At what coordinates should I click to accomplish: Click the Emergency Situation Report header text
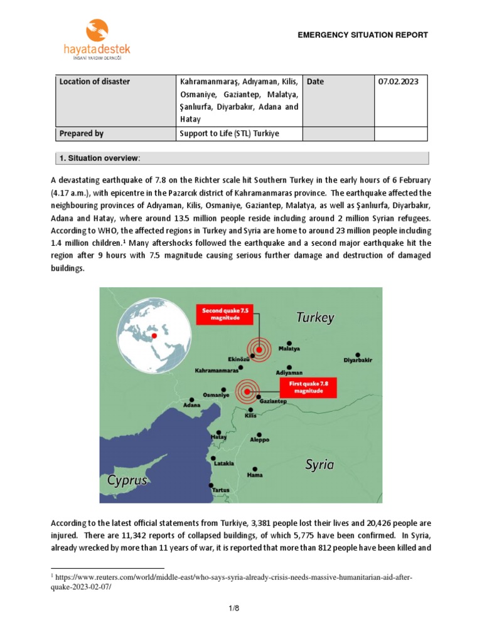(x=363, y=35)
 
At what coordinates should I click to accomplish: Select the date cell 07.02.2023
(x=399, y=82)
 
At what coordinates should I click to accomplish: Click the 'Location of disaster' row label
(x=95, y=82)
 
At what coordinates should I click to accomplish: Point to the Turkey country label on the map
(x=315, y=318)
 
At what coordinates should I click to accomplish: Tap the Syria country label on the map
(x=319, y=465)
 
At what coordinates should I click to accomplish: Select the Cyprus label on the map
(x=127, y=481)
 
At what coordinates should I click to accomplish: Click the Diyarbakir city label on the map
(x=358, y=360)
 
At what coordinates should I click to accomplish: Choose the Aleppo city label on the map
(x=259, y=439)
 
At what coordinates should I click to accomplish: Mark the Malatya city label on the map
(x=289, y=349)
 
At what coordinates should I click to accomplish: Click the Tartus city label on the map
(x=220, y=489)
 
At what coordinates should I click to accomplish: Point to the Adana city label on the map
(x=191, y=405)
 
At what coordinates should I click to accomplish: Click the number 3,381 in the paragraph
(x=264, y=522)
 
